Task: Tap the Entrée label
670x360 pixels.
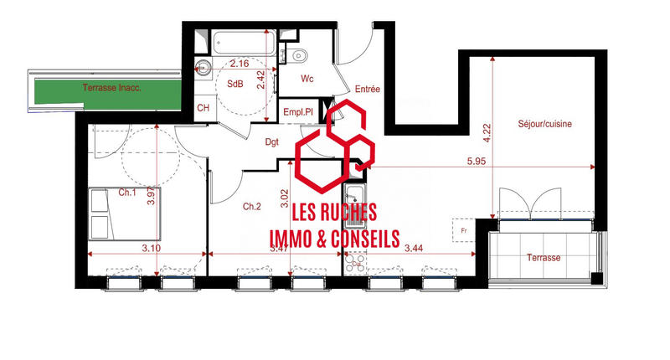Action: click(x=368, y=89)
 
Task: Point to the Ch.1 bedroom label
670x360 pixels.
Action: click(x=127, y=192)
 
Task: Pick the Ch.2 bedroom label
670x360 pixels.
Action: click(x=252, y=206)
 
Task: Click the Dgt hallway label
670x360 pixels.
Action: click(x=272, y=142)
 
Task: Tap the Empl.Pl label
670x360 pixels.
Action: click(x=298, y=111)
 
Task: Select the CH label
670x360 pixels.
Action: click(x=203, y=108)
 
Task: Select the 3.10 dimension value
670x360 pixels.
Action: click(x=151, y=248)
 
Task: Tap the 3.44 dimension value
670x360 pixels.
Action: click(x=414, y=248)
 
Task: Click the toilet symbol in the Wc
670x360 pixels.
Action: click(x=299, y=55)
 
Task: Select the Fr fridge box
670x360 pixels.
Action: click(x=462, y=227)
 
